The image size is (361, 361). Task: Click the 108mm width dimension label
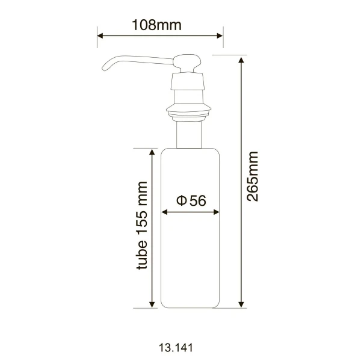[156, 25]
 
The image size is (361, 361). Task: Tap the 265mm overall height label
[252, 176]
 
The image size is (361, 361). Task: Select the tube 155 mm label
[142, 226]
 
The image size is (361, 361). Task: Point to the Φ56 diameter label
[191, 200]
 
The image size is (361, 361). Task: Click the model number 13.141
[176, 348]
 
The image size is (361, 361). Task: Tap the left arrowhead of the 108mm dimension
[100, 35]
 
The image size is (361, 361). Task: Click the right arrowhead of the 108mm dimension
[220, 35]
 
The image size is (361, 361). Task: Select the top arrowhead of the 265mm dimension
[241, 60]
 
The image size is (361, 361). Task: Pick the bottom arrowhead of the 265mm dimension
[241, 304]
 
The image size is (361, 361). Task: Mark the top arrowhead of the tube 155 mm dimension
[152, 152]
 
